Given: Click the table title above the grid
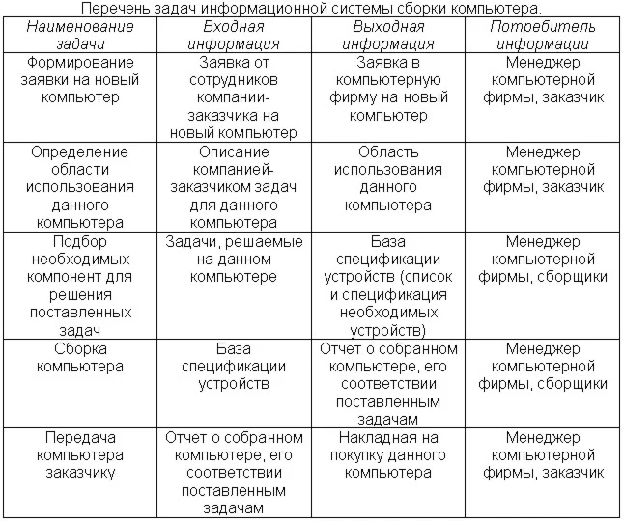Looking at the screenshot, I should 311,9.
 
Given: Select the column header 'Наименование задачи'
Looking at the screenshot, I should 80,34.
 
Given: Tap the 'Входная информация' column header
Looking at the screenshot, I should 234,34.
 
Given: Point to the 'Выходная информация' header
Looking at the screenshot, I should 388,34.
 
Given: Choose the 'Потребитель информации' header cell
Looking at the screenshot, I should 543,34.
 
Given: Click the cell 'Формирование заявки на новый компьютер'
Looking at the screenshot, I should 80,79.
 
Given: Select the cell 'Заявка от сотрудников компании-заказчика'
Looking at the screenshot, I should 234,97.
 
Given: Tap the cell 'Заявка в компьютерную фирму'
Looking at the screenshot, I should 388,89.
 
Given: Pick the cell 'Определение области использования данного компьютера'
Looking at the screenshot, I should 80,187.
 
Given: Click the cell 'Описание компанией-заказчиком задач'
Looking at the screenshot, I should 234,187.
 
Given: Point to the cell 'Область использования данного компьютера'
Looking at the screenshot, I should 388,178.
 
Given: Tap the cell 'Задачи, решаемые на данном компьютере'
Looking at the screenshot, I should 234,260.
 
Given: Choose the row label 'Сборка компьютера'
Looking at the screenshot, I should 80,358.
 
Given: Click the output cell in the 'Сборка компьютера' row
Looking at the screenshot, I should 388,384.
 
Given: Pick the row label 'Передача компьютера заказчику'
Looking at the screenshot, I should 80,455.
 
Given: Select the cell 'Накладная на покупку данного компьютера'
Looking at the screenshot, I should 388,455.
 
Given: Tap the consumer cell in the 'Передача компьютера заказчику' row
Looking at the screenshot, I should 543,455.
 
